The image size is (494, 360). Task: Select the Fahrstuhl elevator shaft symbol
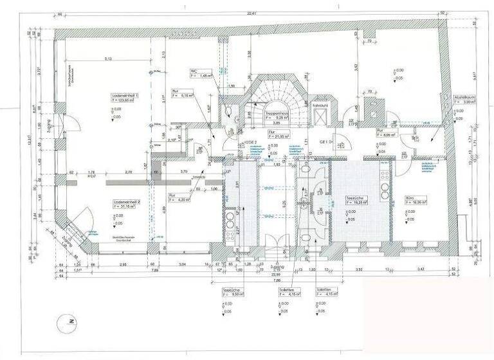click(x=320, y=115)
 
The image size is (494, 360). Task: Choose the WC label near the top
click(x=193, y=71)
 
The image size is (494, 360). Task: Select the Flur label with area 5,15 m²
click(x=177, y=92)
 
